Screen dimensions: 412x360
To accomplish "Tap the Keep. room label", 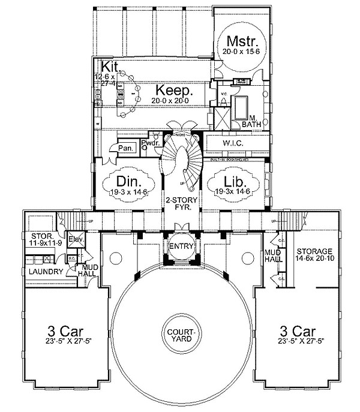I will (175, 91).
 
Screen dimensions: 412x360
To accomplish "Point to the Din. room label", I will (128, 181).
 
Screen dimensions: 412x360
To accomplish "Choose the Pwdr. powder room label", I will (149, 143).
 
